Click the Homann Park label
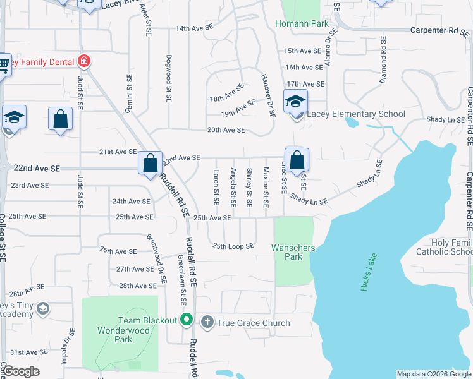(x=302, y=24)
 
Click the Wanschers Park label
(x=293, y=252)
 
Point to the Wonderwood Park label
(x=115, y=335)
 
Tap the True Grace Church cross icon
(x=207, y=323)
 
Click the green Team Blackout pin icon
(x=186, y=320)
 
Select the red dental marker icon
(x=84, y=61)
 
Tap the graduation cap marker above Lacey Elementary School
(x=295, y=101)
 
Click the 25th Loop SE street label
(x=233, y=246)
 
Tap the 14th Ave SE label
(x=195, y=28)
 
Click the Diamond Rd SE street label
(x=383, y=56)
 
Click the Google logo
(x=21, y=371)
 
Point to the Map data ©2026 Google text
(x=434, y=374)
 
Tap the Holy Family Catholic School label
(x=451, y=247)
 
